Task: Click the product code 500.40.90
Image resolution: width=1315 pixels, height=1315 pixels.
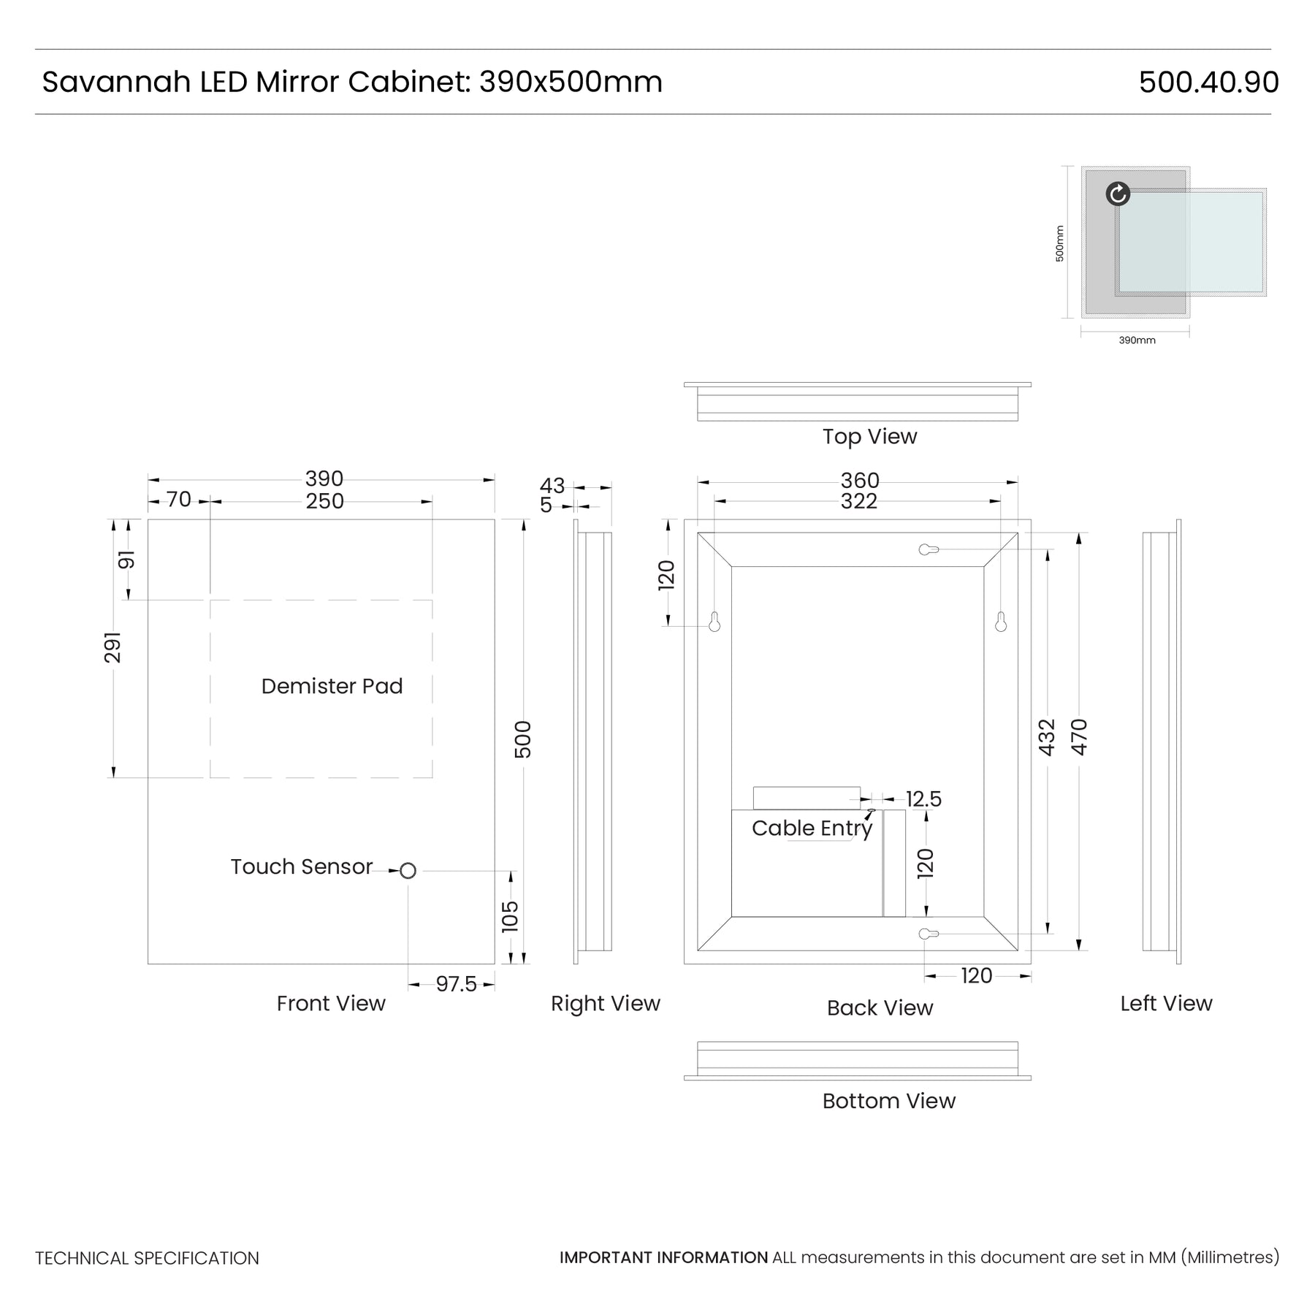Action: click(x=1208, y=82)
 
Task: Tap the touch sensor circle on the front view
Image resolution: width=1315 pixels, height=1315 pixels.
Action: click(x=408, y=871)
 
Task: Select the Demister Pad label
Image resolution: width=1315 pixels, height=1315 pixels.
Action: click(x=332, y=686)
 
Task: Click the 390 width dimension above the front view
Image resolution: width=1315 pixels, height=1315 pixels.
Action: click(x=324, y=479)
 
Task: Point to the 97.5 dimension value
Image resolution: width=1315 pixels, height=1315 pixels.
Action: click(x=456, y=984)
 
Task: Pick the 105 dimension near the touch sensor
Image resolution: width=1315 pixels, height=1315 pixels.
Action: click(x=510, y=916)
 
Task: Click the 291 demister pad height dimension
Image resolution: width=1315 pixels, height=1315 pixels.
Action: click(x=113, y=647)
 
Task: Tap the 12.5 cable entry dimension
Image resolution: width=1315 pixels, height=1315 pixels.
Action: click(x=923, y=799)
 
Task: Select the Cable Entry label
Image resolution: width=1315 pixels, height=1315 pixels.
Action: click(x=812, y=828)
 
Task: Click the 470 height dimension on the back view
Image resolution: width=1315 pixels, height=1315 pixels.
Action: click(x=1079, y=737)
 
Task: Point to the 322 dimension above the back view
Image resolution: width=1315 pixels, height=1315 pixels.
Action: click(x=858, y=501)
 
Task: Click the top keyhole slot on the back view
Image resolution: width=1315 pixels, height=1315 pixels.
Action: click(x=928, y=549)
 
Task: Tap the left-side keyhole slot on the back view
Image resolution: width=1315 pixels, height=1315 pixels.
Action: click(x=714, y=622)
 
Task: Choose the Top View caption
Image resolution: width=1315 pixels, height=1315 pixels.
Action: click(x=869, y=436)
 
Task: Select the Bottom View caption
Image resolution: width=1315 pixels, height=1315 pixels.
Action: click(x=888, y=1101)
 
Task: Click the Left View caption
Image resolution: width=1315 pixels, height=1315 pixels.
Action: click(x=1166, y=1003)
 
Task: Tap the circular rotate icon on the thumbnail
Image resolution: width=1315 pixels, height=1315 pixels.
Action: click(x=1118, y=194)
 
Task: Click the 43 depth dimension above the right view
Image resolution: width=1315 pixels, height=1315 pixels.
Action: click(x=552, y=486)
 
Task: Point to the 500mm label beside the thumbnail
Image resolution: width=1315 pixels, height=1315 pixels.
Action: click(x=1059, y=243)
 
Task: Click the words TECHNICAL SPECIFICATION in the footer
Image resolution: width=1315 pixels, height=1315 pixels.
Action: click(x=147, y=1258)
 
